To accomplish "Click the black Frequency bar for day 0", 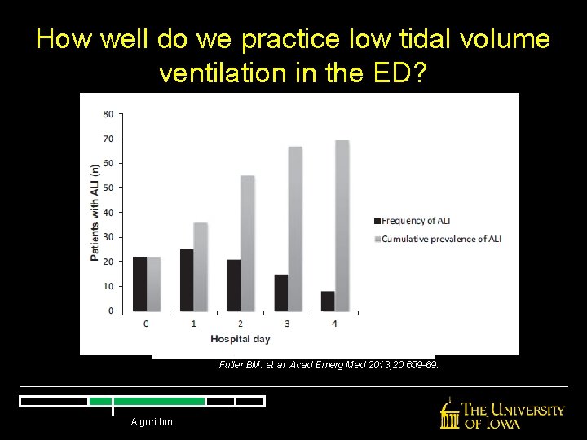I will click(139, 284).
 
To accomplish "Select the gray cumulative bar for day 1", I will click(201, 266).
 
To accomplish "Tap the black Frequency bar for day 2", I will click(233, 285).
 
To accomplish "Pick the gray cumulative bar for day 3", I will click(295, 229).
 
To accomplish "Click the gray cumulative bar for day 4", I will click(342, 226).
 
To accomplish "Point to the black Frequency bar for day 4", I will click(328, 301).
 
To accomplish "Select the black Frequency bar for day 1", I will click(187, 279).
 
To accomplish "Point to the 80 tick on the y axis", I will click(108, 114).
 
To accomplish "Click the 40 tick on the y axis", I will click(108, 213).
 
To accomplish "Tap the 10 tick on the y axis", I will click(108, 287).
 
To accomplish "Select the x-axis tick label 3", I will click(287, 323).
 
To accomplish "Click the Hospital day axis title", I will click(240, 338).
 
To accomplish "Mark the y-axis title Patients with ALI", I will click(95, 213).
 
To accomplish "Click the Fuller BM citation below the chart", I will click(329, 365).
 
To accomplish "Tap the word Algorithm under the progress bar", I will click(151, 421).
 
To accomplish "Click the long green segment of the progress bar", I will click(159, 401).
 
